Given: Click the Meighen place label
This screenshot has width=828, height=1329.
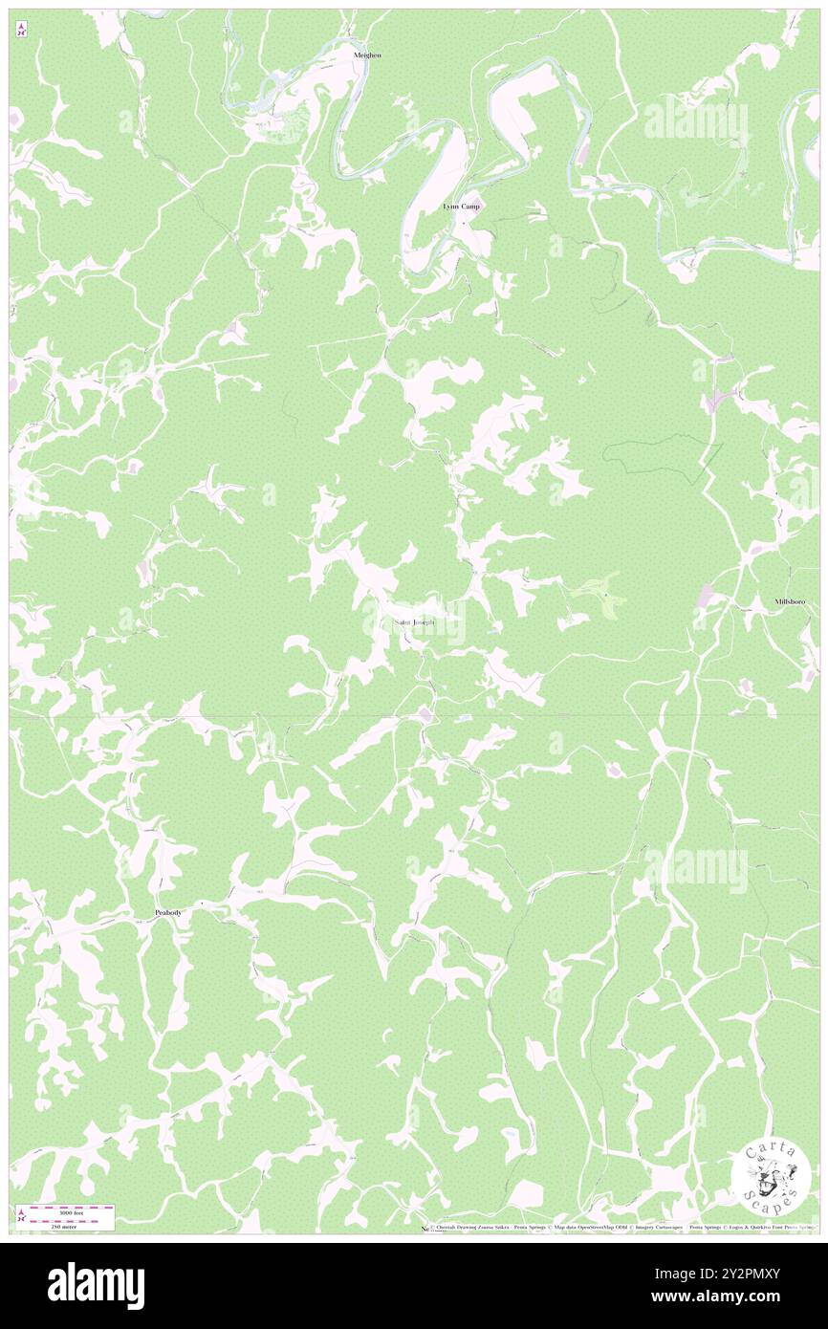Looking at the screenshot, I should click(367, 55).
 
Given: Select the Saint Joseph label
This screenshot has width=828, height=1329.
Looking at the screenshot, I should click(415, 622).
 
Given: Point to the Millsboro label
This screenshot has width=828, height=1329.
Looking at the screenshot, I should click(790, 601).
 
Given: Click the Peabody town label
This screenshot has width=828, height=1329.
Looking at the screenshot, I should click(168, 913).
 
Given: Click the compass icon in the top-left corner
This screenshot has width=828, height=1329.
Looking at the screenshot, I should click(21, 29).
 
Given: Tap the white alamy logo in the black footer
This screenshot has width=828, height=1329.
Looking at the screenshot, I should click(96, 1286).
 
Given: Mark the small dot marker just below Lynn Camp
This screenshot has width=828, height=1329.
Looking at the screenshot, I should click(464, 224).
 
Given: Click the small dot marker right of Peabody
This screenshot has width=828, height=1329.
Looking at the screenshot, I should click(203, 902).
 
